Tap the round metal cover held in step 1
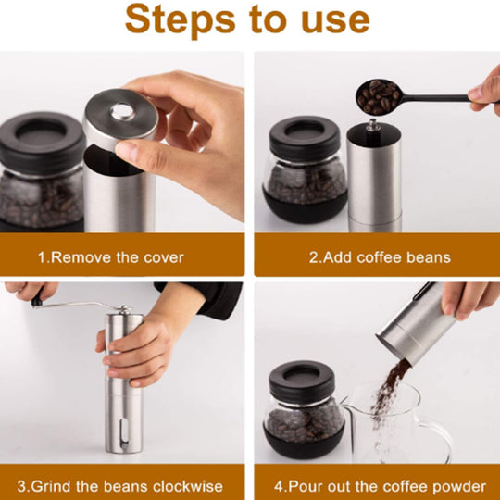121,118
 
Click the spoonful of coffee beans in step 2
378,97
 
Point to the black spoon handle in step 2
435,98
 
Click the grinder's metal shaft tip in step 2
372,124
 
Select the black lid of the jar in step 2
306,139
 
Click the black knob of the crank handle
38,299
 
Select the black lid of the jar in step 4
302,382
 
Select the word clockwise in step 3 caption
188,486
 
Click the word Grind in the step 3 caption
51,486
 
